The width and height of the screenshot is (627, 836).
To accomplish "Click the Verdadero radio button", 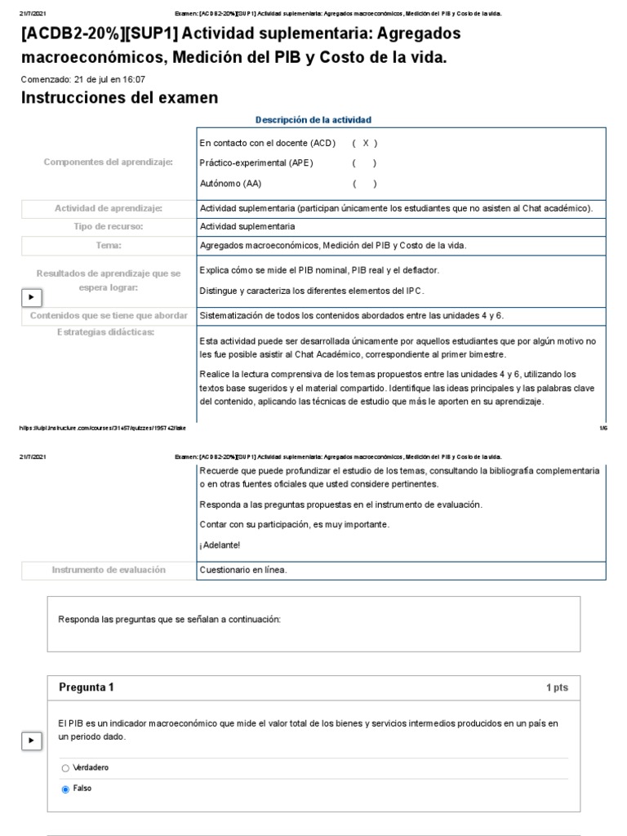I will [x=65, y=768].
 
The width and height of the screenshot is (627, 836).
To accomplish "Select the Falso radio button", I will [x=65, y=789].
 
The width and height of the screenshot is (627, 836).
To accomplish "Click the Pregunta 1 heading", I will [x=87, y=687].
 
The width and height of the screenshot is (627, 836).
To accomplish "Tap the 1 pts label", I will [x=557, y=688].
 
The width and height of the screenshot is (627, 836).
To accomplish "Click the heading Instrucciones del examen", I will [x=119, y=98].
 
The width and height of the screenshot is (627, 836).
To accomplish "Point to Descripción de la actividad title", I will [x=313, y=120].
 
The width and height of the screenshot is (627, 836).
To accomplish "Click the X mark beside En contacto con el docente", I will [x=365, y=143].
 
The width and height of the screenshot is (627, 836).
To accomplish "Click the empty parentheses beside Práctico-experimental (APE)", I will [x=365, y=162].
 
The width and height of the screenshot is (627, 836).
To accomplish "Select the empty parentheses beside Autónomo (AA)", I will [x=365, y=184].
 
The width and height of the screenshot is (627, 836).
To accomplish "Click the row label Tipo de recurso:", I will [x=109, y=226].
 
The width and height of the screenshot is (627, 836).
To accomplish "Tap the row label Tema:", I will [x=109, y=245].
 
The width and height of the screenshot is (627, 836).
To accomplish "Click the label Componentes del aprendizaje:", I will [x=108, y=162].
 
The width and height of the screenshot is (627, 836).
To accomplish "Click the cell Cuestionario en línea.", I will [x=243, y=570].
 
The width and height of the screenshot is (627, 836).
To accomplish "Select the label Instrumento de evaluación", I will [x=109, y=570].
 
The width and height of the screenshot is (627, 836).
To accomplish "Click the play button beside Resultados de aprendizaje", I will [x=31, y=297].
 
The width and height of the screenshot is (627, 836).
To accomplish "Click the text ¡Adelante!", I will [x=220, y=545].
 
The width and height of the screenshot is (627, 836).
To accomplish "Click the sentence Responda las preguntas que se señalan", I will [x=169, y=620].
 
